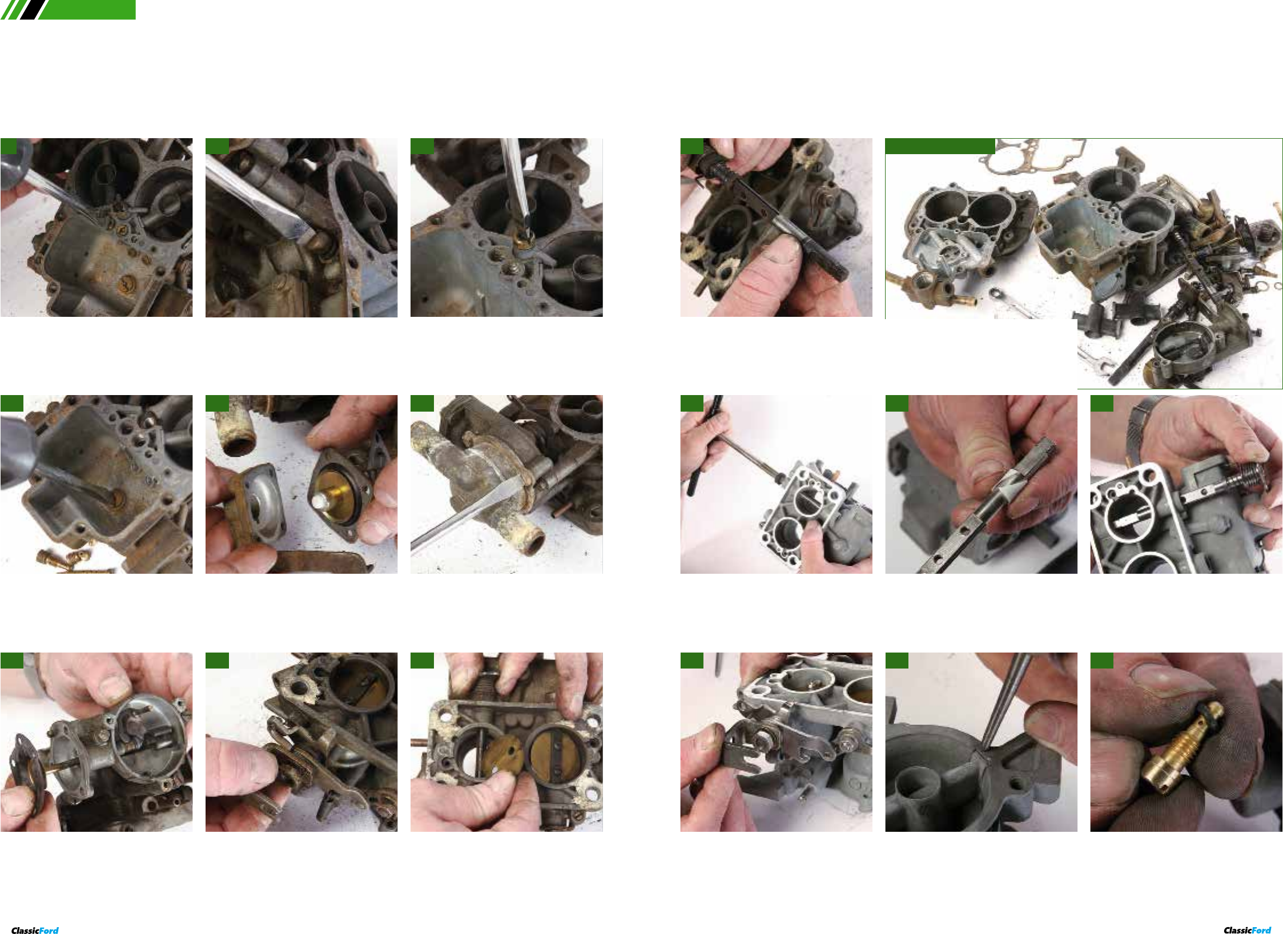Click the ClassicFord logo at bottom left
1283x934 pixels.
[35, 931]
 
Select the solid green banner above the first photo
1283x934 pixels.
[86, 10]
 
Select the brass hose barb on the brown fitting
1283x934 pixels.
[897, 279]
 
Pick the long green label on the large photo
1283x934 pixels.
[940, 146]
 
